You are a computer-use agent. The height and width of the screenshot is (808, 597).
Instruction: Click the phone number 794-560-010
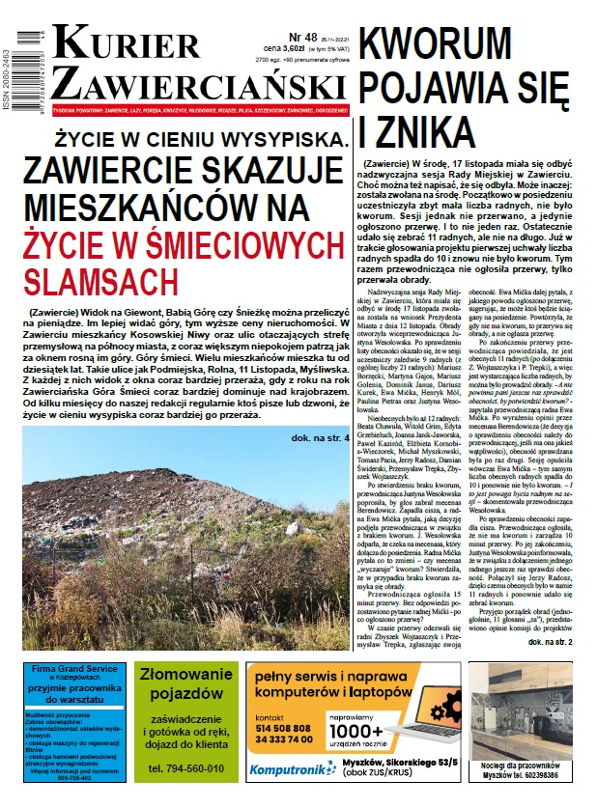[185, 769]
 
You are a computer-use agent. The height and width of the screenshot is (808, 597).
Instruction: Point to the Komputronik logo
[288, 769]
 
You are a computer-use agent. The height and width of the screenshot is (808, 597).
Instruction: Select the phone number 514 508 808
[283, 728]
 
